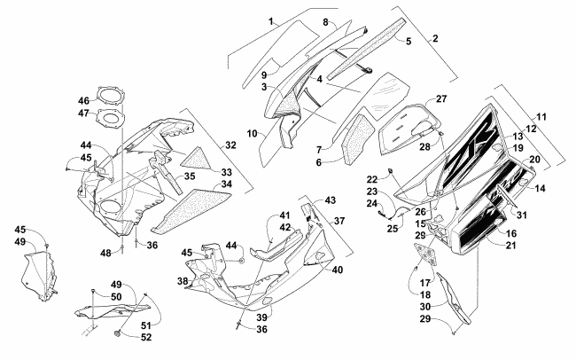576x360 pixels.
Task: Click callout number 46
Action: pos(84,100)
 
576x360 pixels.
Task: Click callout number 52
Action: pos(146,337)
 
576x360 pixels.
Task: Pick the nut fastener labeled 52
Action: pos(118,334)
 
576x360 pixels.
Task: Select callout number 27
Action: pos(441,99)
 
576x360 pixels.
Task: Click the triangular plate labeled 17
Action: pos(425,254)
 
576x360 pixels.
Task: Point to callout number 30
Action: pos(425,306)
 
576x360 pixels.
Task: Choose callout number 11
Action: pos(541,117)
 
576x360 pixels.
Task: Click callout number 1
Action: pos(271,21)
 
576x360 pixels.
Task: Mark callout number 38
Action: pos(183,281)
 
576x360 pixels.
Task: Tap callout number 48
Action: pos(105,253)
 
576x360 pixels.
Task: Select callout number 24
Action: pos(372,203)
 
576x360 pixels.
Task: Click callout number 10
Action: pos(252,134)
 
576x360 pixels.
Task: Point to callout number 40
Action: pos(338,270)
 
